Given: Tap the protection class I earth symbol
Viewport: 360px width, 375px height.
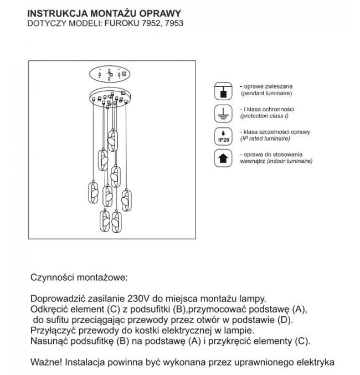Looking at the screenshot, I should pos(223,114).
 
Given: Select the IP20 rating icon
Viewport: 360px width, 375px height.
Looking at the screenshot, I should pos(223,136).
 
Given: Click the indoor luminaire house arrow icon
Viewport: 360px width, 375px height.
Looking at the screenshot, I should pos(223,159).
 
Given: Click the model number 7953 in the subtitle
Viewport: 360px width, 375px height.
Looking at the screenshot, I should pos(173,24).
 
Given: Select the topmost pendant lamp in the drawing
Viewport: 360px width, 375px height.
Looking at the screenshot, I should pos(113,140).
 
